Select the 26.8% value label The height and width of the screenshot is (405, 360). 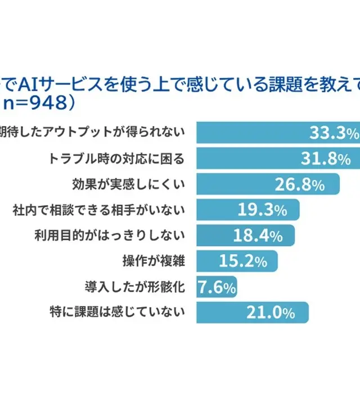[x=299, y=184]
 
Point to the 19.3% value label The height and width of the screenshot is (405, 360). [x=262, y=211]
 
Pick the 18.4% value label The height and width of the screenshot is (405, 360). [x=258, y=236]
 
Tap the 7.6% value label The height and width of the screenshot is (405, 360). [x=217, y=287]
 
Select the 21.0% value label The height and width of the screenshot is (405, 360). [x=270, y=313]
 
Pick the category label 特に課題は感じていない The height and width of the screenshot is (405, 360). [x=119, y=313]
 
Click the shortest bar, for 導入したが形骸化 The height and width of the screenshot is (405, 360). [x=217, y=287]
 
